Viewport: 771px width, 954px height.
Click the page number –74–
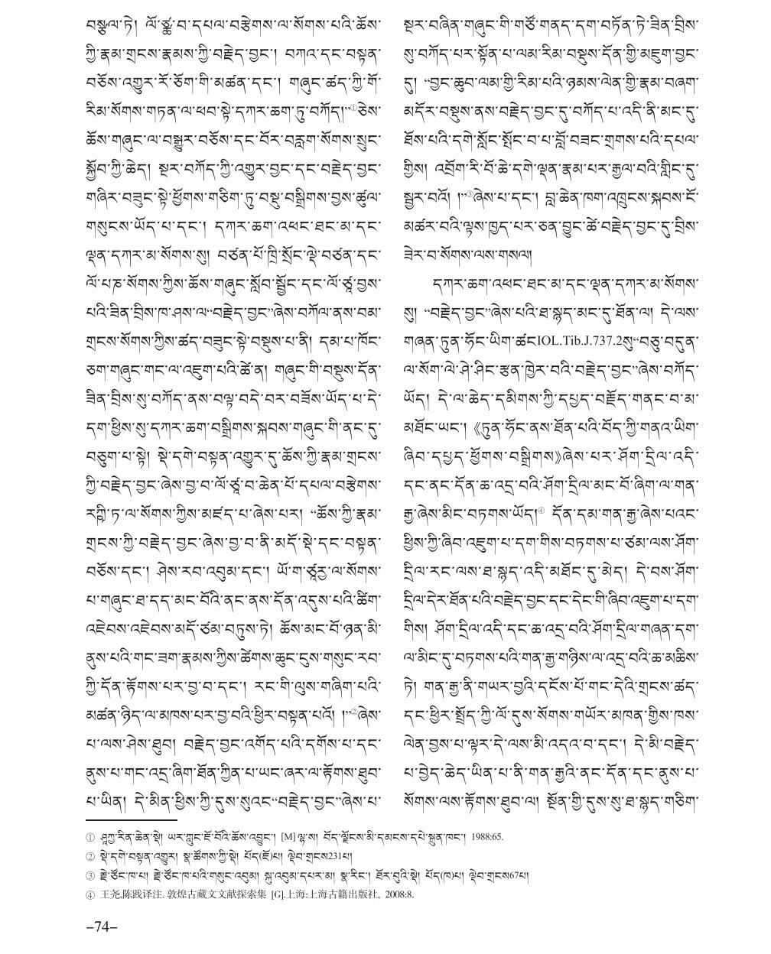click(102, 926)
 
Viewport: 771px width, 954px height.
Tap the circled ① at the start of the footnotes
click(90, 837)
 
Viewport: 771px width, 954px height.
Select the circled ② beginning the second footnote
click(90, 855)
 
